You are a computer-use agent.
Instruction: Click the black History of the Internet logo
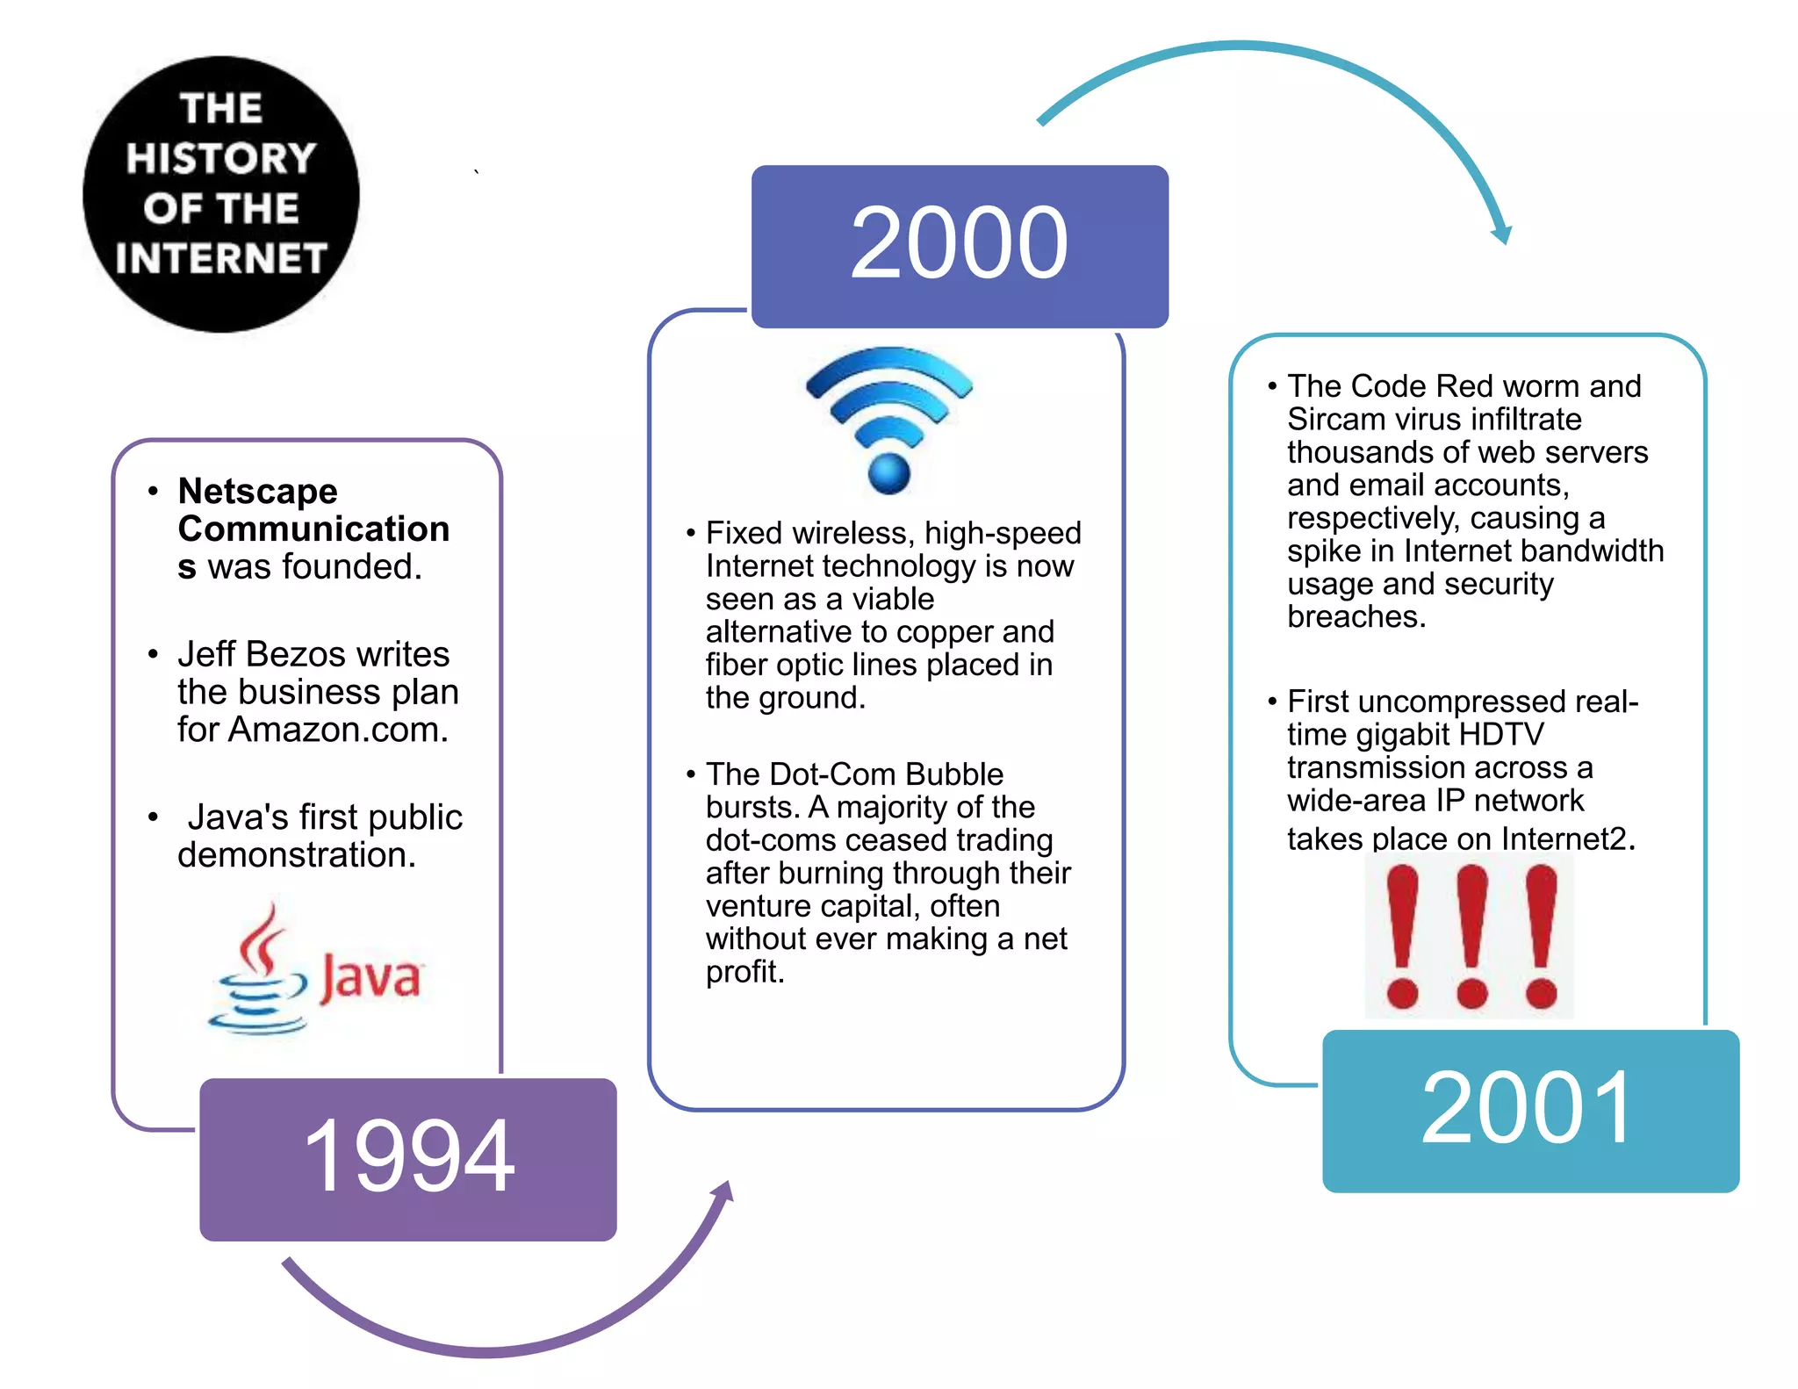click(x=221, y=194)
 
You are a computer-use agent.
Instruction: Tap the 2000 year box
click(x=960, y=246)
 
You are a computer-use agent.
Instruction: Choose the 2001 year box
click(x=1530, y=1111)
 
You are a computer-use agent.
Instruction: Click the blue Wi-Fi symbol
click(x=888, y=420)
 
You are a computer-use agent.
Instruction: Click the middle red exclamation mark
click(x=1471, y=936)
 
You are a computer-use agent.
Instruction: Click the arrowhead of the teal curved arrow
click(x=1502, y=234)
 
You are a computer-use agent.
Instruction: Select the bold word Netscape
click(x=257, y=492)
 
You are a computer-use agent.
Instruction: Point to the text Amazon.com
click(x=338, y=730)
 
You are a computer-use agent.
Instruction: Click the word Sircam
click(x=1331, y=420)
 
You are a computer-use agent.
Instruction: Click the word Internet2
click(x=1567, y=839)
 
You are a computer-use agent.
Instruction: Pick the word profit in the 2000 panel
click(x=743, y=972)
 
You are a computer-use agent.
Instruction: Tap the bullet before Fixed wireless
click(x=691, y=533)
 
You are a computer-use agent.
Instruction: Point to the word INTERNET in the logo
click(x=221, y=259)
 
